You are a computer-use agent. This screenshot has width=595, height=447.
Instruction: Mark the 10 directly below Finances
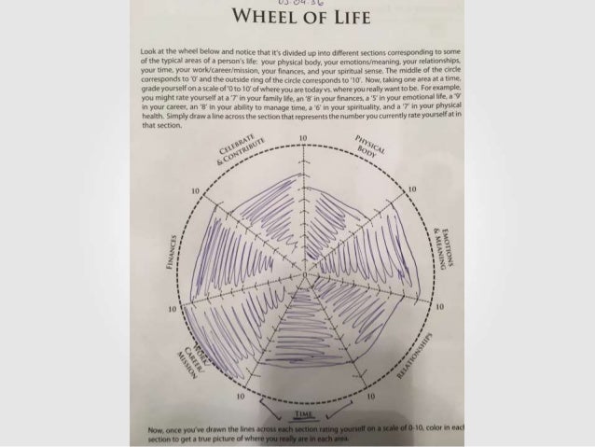pos(172,306)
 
